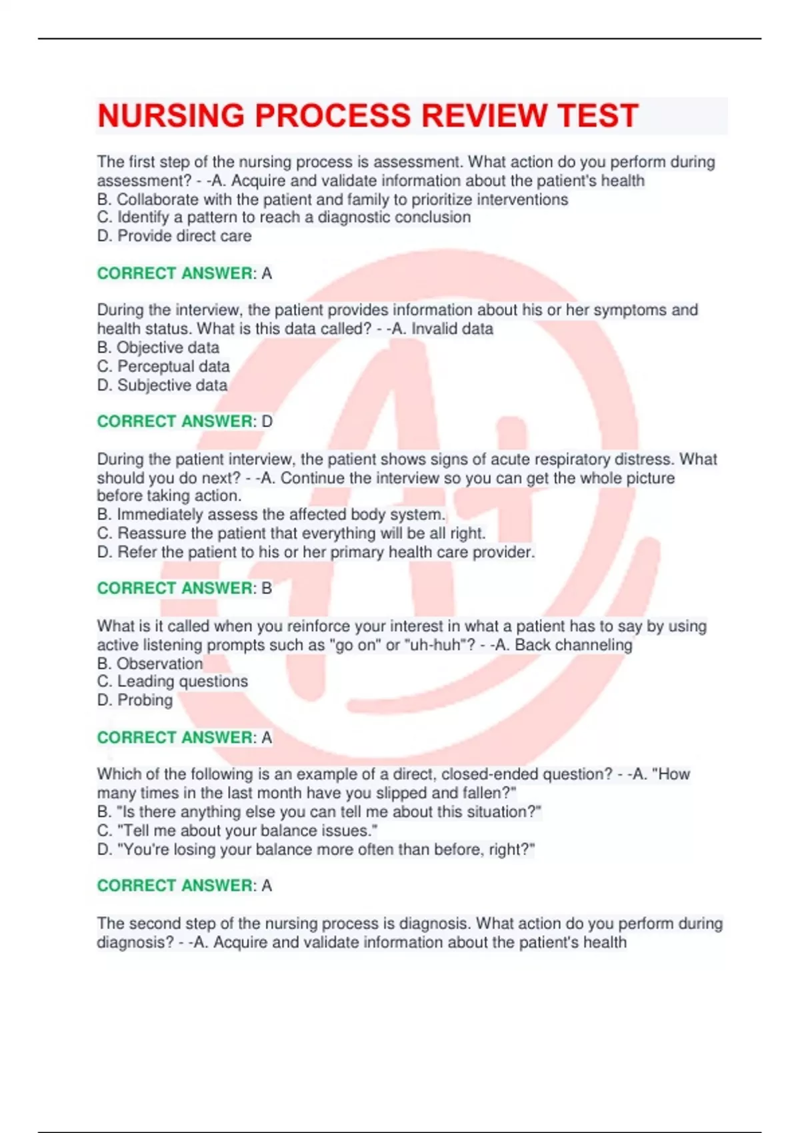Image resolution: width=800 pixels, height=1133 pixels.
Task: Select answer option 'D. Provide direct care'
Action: click(x=174, y=236)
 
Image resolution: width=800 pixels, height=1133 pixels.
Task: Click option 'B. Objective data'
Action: click(x=158, y=347)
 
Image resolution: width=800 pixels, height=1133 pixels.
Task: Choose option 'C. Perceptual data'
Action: click(x=163, y=366)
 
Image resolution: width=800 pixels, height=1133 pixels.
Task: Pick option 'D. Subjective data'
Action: click(x=162, y=385)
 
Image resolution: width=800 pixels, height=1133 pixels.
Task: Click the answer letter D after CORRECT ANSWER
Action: click(x=267, y=421)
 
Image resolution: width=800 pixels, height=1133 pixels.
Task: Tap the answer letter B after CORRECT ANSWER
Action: click(x=267, y=588)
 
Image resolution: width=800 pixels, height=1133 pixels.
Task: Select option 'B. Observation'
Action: click(x=150, y=663)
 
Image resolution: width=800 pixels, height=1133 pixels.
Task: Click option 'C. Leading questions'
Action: click(x=173, y=681)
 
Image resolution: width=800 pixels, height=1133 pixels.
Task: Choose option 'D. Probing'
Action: click(x=135, y=700)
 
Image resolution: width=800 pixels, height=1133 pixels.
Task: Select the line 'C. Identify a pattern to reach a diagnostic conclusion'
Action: click(x=284, y=217)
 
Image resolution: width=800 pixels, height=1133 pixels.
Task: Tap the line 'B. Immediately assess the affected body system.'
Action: click(x=271, y=515)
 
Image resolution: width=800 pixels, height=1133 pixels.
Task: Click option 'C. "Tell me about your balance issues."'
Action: click(x=237, y=830)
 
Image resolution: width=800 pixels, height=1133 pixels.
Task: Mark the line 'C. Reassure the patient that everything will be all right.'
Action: click(x=291, y=533)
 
